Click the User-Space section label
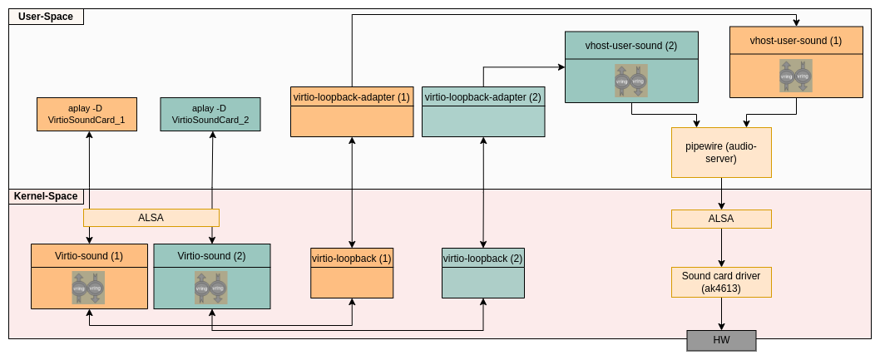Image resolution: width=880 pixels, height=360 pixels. tap(46, 17)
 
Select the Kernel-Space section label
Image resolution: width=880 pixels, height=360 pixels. tap(46, 197)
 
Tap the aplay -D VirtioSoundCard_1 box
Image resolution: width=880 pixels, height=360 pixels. tap(87, 115)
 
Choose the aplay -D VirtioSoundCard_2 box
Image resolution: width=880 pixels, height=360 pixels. tap(210, 115)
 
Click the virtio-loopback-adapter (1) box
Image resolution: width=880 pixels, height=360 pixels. tap(352, 111)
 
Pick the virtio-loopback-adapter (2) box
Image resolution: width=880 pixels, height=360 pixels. tap(483, 111)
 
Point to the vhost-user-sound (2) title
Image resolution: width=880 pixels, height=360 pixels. tap(631, 46)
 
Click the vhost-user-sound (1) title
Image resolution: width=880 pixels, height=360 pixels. tap(796, 41)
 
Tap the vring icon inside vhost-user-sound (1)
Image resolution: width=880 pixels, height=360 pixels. tap(796, 76)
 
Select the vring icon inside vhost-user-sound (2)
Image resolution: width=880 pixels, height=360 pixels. tap(631, 81)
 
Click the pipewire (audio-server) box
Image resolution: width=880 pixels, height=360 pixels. tap(721, 153)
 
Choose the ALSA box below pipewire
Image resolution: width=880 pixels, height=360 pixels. tap(721, 219)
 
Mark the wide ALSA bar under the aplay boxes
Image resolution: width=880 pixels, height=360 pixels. tap(151, 218)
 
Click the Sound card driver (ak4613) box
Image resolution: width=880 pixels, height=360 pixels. tap(721, 283)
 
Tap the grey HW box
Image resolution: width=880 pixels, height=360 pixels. tap(721, 341)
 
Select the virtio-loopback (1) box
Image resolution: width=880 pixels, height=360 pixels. tap(352, 273)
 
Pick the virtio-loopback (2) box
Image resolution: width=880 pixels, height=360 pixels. tap(483, 273)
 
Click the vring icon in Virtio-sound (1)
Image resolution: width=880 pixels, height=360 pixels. tap(88, 288)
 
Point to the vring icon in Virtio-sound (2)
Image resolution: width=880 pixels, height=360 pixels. tap(211, 288)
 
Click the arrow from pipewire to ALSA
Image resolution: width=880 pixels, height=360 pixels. tap(721, 194)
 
